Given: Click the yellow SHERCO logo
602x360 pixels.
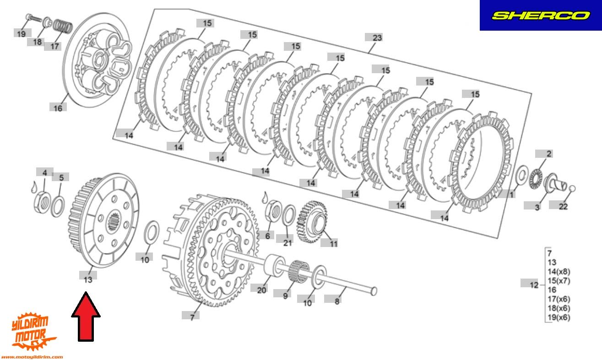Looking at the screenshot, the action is (541, 16).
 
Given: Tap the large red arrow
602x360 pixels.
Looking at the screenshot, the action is (86, 317).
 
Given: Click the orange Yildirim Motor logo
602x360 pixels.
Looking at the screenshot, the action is (32, 333).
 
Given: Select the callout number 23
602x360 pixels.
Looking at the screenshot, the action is (377, 38).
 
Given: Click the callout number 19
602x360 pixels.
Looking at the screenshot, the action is (21, 34).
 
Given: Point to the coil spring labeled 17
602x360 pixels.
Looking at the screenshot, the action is (63, 27).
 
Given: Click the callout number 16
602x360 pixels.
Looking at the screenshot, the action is (58, 108).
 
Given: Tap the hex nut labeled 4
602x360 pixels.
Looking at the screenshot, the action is (43, 203).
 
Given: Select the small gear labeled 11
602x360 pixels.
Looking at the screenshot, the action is (312, 222).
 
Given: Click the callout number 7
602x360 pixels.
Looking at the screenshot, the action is (192, 317).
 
